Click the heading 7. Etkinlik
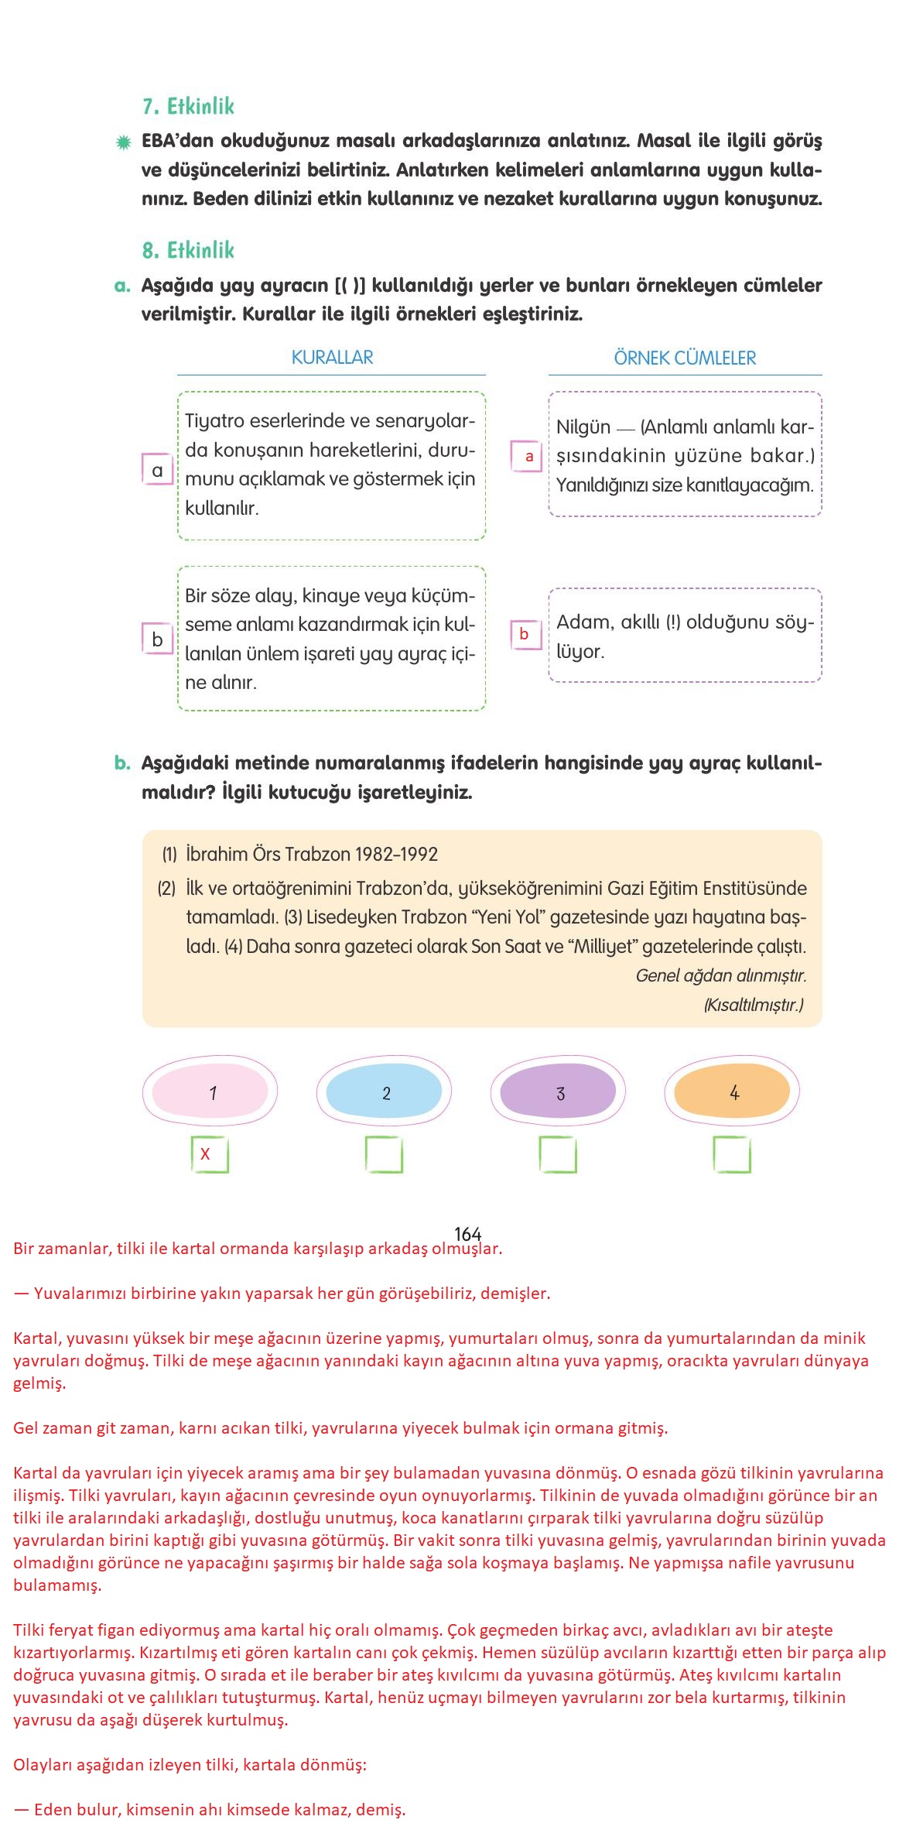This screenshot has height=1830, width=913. (188, 107)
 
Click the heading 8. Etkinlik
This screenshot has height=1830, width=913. (188, 250)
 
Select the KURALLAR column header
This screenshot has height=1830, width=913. (332, 358)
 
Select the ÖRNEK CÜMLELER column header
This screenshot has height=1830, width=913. (685, 358)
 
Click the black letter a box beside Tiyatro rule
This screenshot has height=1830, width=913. (158, 470)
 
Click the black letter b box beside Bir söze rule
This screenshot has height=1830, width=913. (158, 639)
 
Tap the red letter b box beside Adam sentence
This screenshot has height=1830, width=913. (525, 634)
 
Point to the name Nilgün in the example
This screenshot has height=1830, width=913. (583, 427)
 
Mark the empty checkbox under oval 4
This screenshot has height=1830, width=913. (731, 1154)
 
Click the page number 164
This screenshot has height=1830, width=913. (467, 1234)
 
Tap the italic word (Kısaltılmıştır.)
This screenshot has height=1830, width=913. (753, 1005)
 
